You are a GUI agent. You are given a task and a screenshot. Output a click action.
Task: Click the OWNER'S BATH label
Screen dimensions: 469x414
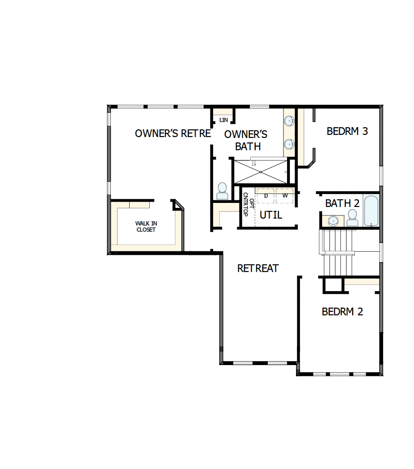pyautogui.click(x=245, y=140)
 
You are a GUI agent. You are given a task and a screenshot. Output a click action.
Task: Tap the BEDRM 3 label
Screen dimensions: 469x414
pyautogui.click(x=347, y=131)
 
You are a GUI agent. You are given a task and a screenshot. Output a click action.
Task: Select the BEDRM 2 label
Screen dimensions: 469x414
pyautogui.click(x=342, y=312)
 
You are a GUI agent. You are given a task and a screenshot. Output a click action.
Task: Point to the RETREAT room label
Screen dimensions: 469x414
pyautogui.click(x=258, y=268)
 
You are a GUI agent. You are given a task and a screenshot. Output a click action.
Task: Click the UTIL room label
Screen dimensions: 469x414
pyautogui.click(x=271, y=215)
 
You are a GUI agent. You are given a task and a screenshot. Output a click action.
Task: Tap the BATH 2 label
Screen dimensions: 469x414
pyautogui.click(x=342, y=203)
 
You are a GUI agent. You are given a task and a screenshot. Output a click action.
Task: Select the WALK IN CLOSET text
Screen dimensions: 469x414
pyautogui.click(x=146, y=227)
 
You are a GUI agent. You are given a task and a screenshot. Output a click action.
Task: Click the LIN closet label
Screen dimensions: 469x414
pyautogui.click(x=224, y=120)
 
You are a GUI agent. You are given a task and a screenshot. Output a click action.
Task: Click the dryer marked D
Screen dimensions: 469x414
pyautogui.click(x=266, y=196)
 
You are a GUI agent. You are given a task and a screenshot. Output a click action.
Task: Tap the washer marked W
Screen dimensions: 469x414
pyautogui.click(x=285, y=196)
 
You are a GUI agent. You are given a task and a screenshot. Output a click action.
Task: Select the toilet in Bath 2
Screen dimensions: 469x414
pyautogui.click(x=353, y=219)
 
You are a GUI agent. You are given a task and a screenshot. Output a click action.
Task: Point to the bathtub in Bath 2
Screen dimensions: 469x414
pyautogui.click(x=371, y=211)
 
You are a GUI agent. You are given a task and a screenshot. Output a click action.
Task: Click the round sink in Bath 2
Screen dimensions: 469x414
pyautogui.click(x=332, y=221)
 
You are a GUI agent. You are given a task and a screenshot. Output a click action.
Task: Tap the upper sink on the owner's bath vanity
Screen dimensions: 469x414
pyautogui.click(x=289, y=121)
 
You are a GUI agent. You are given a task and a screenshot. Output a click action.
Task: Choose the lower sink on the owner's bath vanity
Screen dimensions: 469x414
pyautogui.click(x=289, y=144)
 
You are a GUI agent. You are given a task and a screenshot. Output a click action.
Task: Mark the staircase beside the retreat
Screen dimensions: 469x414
pyautogui.click(x=338, y=253)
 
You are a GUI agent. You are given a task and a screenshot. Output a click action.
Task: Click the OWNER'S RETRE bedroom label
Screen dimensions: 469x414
pyautogui.click(x=173, y=133)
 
